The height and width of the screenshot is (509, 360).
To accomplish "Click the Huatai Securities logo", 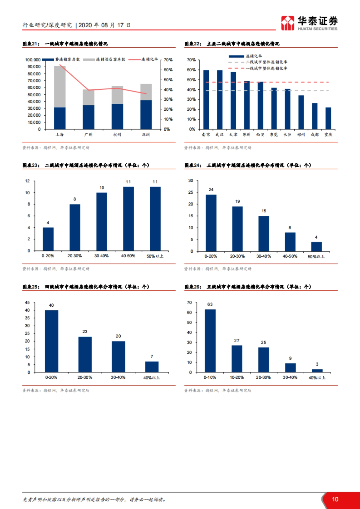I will coord(309,23).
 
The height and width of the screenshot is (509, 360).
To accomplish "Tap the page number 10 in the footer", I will coord(335,499).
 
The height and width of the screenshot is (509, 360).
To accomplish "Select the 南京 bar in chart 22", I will coord(206,100).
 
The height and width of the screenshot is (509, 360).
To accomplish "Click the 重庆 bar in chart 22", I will coord(328,118).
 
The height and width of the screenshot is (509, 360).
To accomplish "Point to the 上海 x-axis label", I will coord(59,135).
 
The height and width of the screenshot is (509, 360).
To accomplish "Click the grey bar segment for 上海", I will coord(60,87).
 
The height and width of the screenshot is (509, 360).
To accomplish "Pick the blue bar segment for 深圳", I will coord(146,115).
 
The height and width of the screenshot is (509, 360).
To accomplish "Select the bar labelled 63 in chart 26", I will coord(210,341).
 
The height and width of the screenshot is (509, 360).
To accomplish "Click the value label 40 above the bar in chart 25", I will coord(51,305).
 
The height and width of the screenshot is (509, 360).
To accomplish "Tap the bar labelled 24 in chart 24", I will coord(211,223).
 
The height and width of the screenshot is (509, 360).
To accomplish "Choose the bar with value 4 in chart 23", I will coord(48,239).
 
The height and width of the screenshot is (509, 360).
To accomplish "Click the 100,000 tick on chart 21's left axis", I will coord(33,60).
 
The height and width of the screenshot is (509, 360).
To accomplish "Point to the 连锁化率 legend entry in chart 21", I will coord(149,59).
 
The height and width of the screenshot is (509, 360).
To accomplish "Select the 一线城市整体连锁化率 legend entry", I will coord(266,68).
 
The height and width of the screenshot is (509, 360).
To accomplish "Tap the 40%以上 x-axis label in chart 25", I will coord(151,378).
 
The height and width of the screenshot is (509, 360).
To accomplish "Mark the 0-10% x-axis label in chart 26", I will coord(210,377).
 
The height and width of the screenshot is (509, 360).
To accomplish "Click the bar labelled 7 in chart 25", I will coord(152,367).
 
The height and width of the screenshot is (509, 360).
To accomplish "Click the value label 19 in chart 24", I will coord(238,201).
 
